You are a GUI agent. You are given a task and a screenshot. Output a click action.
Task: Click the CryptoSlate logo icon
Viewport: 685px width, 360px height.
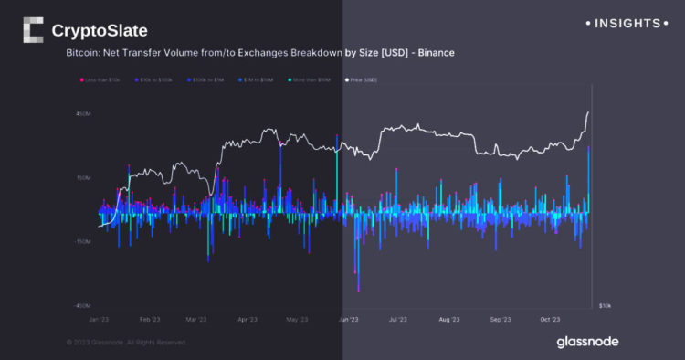32,30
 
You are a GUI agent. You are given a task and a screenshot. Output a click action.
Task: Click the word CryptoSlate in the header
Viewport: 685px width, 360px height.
100,31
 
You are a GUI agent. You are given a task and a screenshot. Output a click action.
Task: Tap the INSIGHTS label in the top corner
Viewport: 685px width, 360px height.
625,22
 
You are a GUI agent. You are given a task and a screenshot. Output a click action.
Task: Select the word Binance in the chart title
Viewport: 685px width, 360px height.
436,53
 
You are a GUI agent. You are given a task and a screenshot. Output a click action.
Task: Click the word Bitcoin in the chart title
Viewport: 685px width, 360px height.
83,53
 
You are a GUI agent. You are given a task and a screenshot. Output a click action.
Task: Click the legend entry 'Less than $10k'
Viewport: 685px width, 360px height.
100,80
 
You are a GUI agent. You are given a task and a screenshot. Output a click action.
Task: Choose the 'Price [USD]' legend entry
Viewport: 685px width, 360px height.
362,80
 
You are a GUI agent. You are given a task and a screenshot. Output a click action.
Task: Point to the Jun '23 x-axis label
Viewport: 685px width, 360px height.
348,320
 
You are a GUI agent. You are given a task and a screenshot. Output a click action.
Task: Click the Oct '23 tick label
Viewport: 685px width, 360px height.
549,320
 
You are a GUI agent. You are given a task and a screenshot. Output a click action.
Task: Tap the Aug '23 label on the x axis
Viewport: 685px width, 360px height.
448,320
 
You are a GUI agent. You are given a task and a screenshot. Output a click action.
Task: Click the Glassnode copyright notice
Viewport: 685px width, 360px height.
126,342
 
